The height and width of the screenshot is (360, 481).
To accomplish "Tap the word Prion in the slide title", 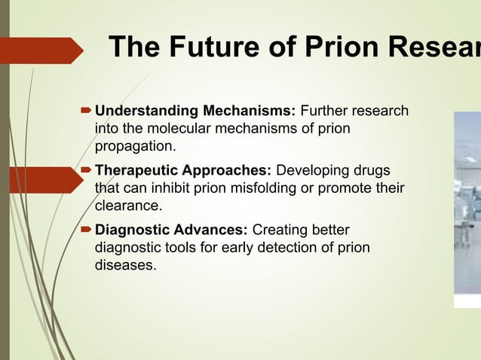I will [331, 47].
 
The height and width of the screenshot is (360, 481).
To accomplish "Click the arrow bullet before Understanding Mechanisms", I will [85, 112].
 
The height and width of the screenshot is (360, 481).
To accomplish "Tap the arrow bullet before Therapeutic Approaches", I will [85, 171].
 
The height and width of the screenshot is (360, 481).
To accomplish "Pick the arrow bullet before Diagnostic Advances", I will [85, 230].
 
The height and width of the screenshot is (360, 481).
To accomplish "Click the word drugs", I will [372, 170].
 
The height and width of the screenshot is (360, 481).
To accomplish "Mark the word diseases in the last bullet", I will [124, 264].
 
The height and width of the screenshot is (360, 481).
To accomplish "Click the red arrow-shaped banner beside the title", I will [41, 50].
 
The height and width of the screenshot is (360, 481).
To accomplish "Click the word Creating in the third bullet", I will [279, 229].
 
